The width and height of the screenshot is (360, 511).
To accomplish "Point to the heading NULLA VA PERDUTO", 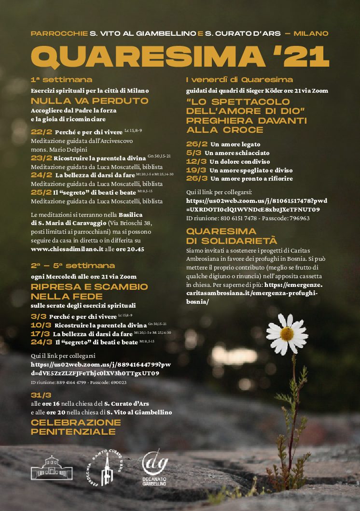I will click(x=90, y=101).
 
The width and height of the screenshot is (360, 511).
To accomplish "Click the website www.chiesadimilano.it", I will click(x=67, y=249).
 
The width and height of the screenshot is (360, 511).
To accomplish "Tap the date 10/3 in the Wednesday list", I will click(x=41, y=325).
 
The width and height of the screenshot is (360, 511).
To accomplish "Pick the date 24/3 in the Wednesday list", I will click(x=41, y=342).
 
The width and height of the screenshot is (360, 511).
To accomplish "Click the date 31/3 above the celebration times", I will click(x=41, y=395).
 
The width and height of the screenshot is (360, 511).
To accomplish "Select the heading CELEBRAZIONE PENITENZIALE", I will click(x=76, y=426).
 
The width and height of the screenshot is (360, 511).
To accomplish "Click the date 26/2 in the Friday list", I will click(x=196, y=144).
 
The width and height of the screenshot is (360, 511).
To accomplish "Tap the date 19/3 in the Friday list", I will click(x=196, y=170).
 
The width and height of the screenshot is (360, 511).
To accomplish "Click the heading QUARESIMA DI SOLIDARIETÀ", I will click(x=232, y=236).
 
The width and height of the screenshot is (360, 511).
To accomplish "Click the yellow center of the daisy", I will click(x=287, y=333).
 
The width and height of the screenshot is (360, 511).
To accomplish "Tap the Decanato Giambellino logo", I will click(x=155, y=467).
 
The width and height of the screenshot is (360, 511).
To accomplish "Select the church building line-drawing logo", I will click(x=52, y=467).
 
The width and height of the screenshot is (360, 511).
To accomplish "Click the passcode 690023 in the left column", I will click(x=116, y=382).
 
